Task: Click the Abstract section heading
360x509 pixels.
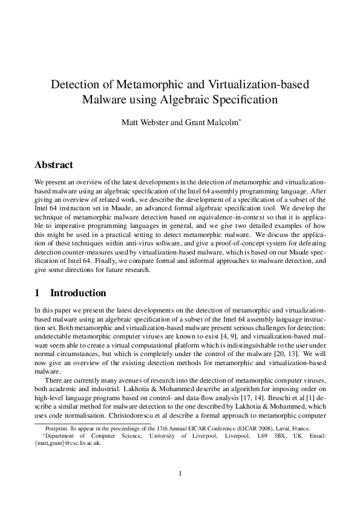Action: [54, 165]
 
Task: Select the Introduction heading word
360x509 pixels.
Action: [78, 293]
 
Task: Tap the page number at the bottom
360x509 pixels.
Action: [180, 473]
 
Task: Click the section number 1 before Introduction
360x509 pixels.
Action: [38, 293]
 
